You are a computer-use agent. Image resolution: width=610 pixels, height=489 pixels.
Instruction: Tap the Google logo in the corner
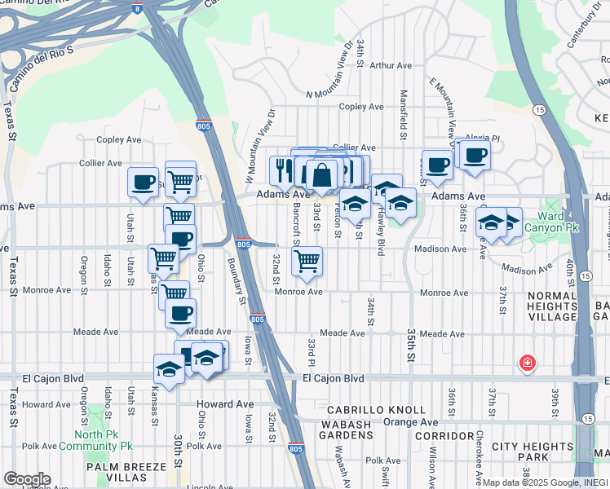(x=26, y=479)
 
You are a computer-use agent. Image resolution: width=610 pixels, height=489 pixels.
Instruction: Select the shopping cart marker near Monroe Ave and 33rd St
(x=307, y=261)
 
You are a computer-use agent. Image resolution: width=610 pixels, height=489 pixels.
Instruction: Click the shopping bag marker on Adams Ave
(x=322, y=174)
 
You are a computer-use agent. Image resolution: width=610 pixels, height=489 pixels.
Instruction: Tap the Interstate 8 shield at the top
(x=136, y=8)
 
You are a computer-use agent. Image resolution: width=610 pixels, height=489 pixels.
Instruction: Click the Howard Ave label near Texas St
(x=47, y=404)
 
